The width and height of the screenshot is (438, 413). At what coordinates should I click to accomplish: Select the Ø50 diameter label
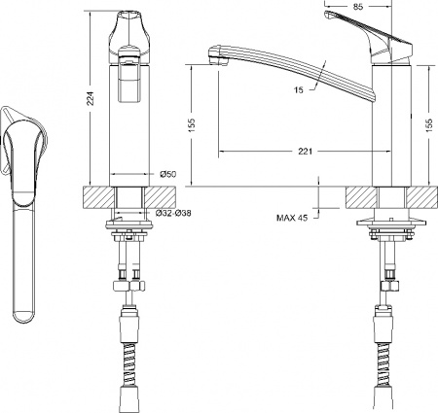coord(166,174)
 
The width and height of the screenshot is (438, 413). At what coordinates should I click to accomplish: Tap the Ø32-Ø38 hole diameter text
coord(171,212)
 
